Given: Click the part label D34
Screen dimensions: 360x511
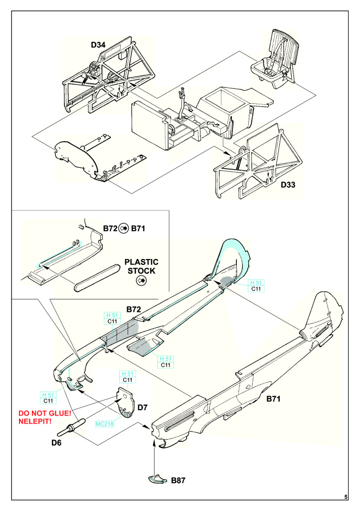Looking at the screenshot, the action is click(x=98, y=45).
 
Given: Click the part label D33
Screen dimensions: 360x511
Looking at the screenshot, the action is click(x=288, y=185).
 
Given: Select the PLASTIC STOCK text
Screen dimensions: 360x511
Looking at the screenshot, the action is click(x=141, y=266).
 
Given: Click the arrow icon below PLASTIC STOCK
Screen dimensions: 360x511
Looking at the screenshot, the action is click(x=141, y=280).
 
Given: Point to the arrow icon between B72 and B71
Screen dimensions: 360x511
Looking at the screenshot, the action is click(x=124, y=229).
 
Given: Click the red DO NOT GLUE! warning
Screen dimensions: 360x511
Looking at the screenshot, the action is click(x=44, y=413).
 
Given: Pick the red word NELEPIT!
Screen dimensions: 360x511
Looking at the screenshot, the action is click(x=35, y=421).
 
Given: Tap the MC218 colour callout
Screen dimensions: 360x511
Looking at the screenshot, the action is click(x=105, y=424).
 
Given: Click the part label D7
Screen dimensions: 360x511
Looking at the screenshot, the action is click(x=143, y=407).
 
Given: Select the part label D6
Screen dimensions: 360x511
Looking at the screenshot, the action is click(x=56, y=443).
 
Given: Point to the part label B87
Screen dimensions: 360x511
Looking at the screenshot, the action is click(x=179, y=481).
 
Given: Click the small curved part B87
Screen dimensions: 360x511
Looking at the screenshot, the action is click(x=159, y=479).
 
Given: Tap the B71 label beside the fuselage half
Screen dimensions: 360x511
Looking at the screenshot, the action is click(x=273, y=399).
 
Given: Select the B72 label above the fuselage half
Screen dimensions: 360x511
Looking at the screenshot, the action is click(x=134, y=309).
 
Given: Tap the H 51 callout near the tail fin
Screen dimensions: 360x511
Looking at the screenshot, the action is click(x=256, y=282).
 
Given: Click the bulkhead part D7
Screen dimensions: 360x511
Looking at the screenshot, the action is click(x=126, y=402).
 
